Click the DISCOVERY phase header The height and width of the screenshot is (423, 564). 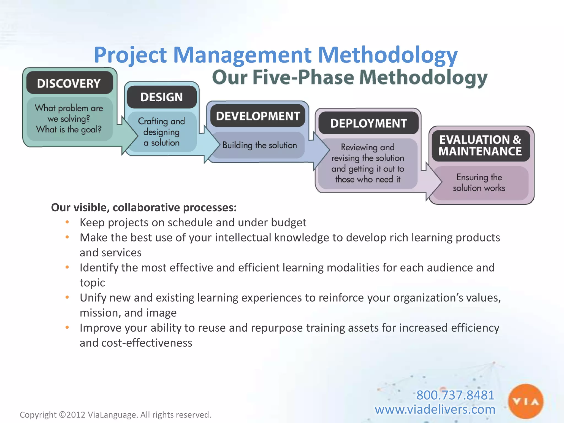click(69, 83)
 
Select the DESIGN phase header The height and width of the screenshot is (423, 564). click(161, 97)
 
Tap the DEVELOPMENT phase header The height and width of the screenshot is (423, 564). click(258, 116)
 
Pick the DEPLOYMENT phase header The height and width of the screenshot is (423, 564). click(368, 123)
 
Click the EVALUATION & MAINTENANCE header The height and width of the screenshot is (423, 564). click(480, 145)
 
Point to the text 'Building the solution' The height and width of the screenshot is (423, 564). click(259, 145)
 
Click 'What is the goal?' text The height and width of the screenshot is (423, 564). click(69, 129)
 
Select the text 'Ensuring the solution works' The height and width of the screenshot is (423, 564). click(479, 183)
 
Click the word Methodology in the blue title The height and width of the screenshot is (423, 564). click(387, 55)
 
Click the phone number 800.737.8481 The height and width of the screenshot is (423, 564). click(455, 395)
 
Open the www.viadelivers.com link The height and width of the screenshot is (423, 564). click(435, 410)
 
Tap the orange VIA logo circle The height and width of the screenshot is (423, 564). click(526, 402)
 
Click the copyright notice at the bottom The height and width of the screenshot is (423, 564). click(115, 415)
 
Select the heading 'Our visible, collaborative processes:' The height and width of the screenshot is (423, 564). click(144, 208)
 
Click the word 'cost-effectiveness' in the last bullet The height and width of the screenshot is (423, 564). click(147, 343)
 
